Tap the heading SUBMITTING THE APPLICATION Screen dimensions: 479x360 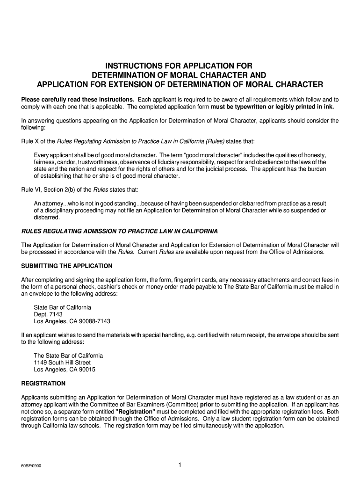pyautogui.click(x=67, y=266)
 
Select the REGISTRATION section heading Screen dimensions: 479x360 pyautogui.click(x=43, y=383)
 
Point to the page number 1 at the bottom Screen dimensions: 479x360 pyautogui.click(x=180, y=464)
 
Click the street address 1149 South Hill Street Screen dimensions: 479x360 pyautogui.click(x=62, y=363)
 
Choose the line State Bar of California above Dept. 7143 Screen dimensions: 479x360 pyautogui.click(x=62, y=307)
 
